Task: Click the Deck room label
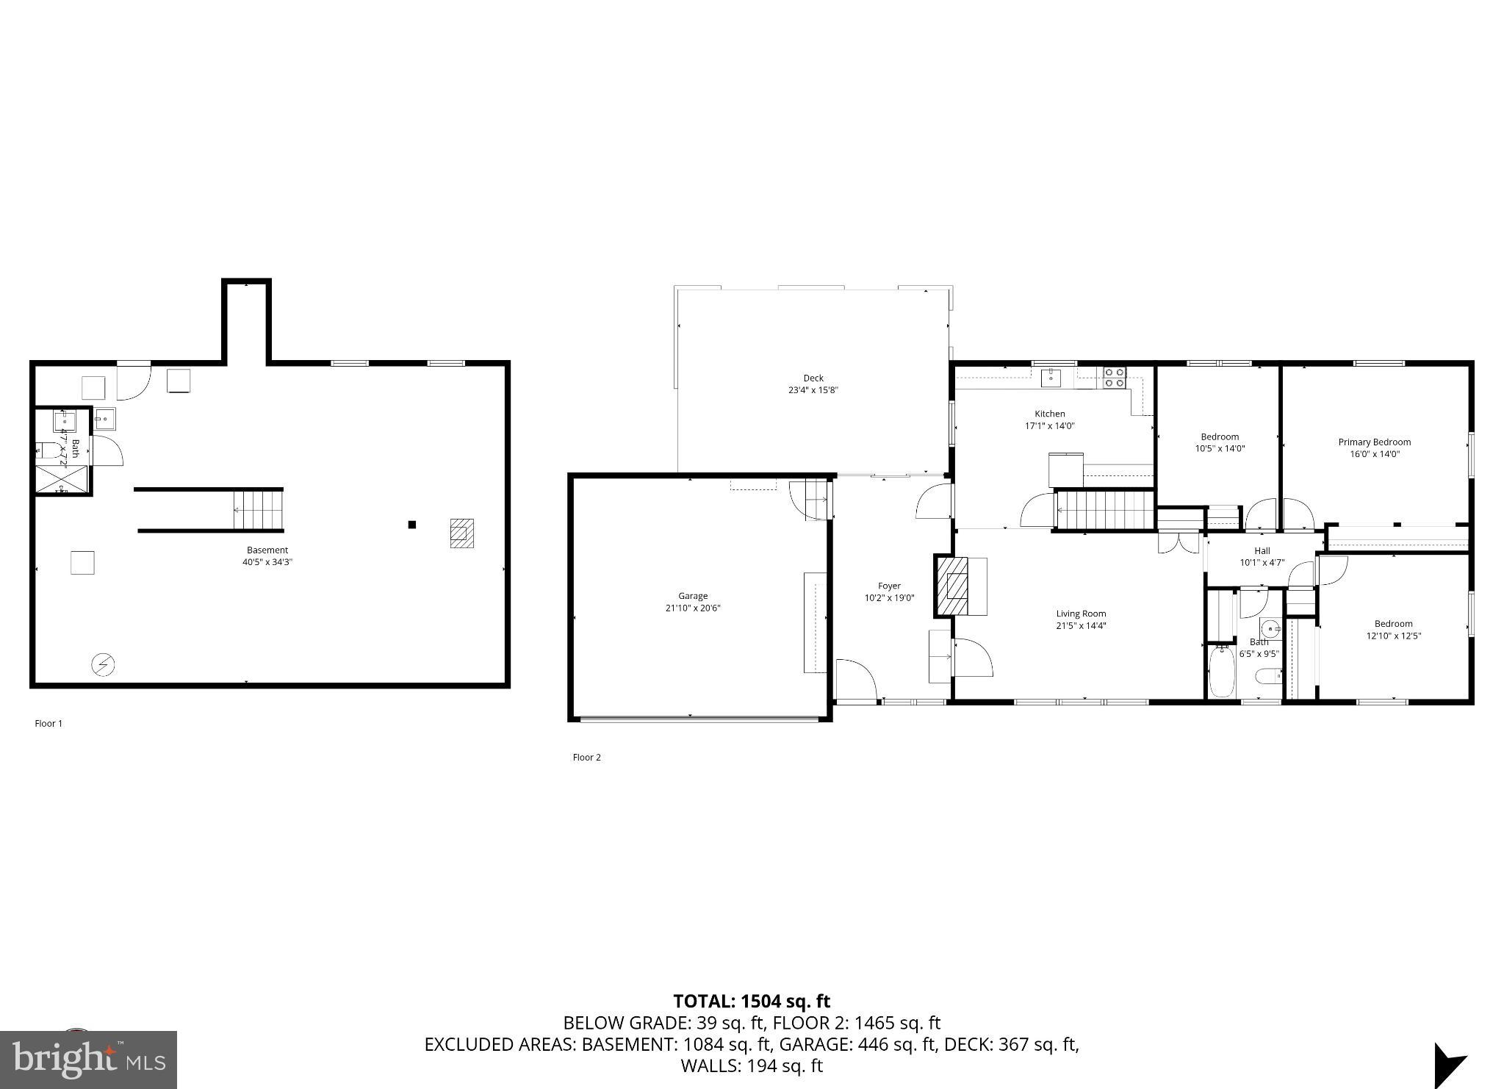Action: (x=813, y=378)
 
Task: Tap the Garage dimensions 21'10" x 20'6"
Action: (x=693, y=608)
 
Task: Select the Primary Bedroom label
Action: (x=1374, y=442)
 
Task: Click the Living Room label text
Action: (x=1081, y=614)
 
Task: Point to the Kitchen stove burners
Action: (x=1115, y=378)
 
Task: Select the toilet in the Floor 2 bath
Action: (x=1267, y=675)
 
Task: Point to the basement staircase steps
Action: (x=259, y=509)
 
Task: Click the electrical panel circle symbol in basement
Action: (x=103, y=665)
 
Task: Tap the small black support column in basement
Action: (x=412, y=525)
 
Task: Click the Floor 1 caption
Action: (x=48, y=724)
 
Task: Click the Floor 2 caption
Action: (x=586, y=758)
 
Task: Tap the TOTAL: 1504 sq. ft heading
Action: (x=751, y=1002)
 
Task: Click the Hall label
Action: (x=1262, y=551)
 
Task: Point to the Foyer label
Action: (x=889, y=586)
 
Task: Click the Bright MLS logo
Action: (x=88, y=1060)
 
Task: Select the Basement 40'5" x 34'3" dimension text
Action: (x=267, y=562)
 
